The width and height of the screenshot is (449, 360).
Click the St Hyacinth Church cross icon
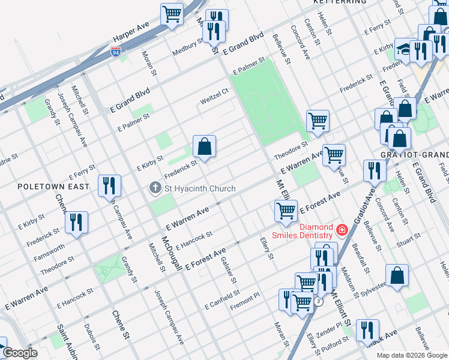155,188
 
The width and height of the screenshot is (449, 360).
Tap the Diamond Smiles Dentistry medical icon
342,229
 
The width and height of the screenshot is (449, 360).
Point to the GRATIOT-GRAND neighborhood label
414,154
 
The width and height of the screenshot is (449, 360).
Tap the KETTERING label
340,2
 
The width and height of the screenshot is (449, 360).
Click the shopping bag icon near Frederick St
204,146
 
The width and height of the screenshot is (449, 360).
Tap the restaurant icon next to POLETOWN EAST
109,185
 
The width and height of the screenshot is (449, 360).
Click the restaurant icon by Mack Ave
367,330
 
